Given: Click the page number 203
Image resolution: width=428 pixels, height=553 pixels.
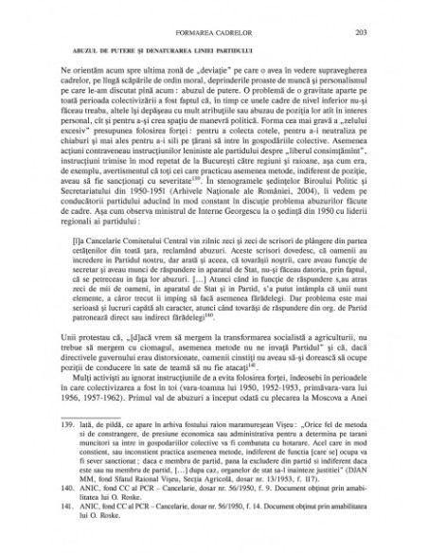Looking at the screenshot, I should click(380, 29).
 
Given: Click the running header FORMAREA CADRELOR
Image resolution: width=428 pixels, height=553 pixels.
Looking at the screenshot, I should click(214, 29).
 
